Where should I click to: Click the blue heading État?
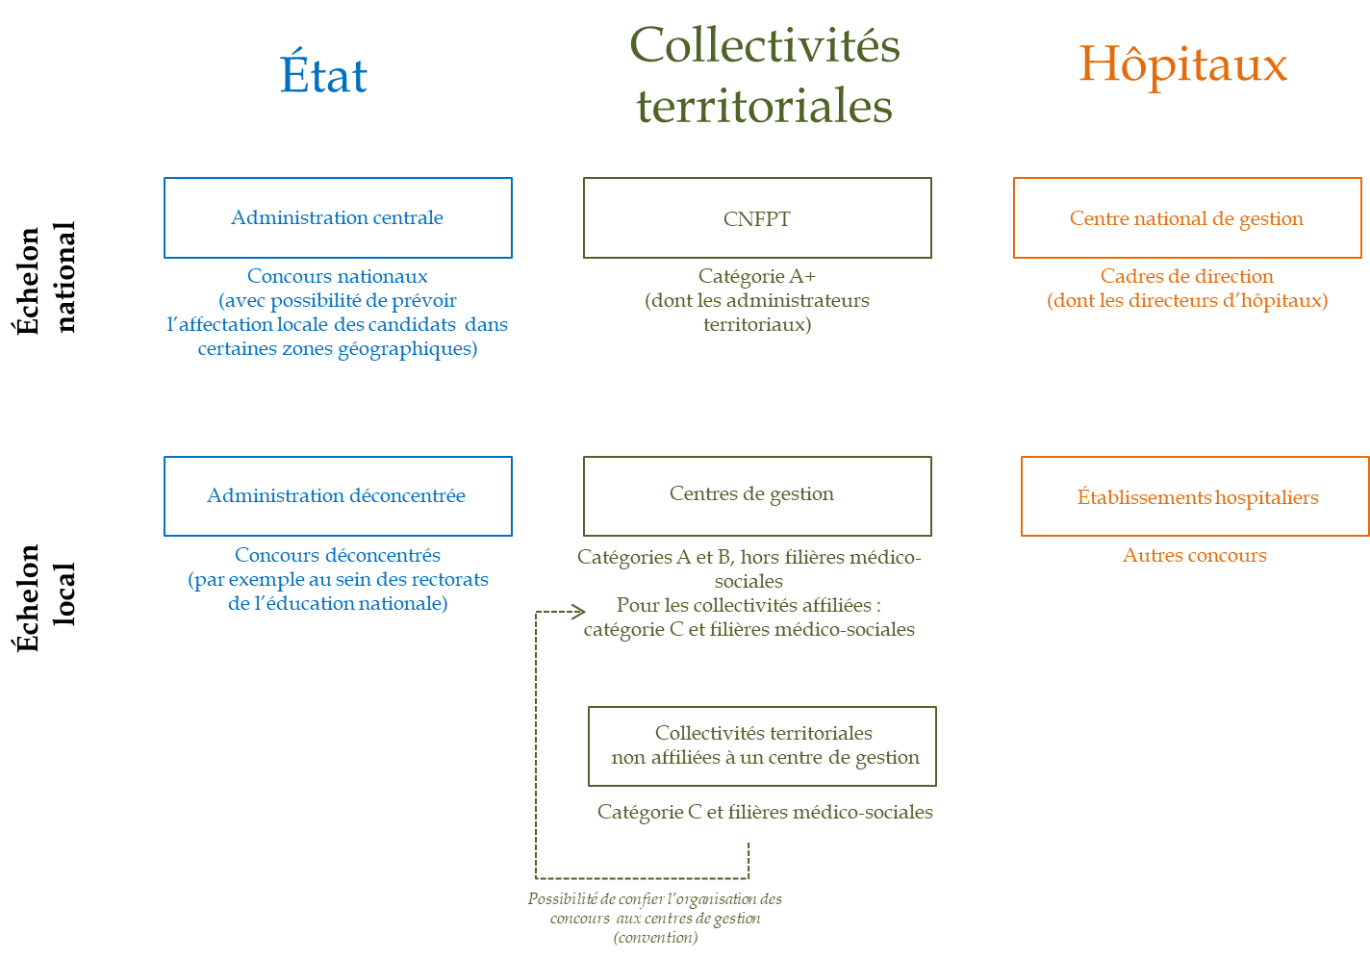point(324,76)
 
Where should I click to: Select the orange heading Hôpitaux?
point(1182,65)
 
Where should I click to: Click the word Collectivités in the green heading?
point(765,46)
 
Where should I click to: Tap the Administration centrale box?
point(338,217)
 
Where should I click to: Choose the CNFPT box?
point(757,218)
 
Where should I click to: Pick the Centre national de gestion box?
point(1187,218)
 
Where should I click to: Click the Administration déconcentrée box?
point(338,496)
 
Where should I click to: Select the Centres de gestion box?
point(757,495)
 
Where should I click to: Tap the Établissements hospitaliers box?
point(1195,496)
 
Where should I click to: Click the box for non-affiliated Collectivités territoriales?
point(762,746)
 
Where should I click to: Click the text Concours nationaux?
point(338,276)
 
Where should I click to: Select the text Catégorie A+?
point(757,277)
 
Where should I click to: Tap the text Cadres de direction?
point(1187,276)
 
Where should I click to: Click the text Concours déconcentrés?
point(338,555)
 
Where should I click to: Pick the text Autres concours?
point(1195,555)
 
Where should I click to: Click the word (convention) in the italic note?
point(655,938)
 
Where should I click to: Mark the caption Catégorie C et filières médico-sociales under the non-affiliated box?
point(765,812)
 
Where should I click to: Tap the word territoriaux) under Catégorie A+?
point(757,324)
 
